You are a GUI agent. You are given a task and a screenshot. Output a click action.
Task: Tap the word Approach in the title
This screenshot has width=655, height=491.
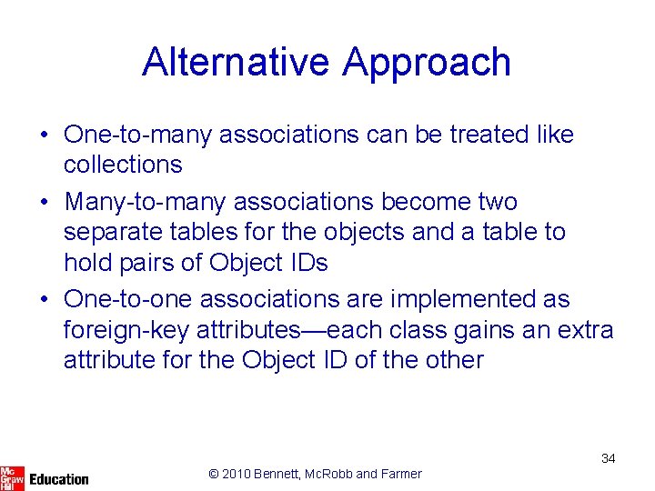427,63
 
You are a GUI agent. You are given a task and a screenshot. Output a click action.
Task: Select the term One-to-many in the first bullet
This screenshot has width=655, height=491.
139,135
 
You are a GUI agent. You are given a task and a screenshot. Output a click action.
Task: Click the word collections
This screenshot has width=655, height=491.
123,165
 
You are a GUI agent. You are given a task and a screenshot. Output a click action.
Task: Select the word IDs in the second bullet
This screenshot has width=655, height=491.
303,263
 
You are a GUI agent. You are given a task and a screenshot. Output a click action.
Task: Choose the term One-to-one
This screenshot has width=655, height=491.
128,299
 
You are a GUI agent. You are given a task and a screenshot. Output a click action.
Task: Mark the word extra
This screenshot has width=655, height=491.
582,329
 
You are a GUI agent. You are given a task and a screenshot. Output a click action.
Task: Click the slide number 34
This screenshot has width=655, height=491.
609,458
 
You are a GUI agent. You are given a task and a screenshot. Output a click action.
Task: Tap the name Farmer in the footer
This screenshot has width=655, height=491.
400,473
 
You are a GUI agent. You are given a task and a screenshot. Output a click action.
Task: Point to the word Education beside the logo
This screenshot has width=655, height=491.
59,479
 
